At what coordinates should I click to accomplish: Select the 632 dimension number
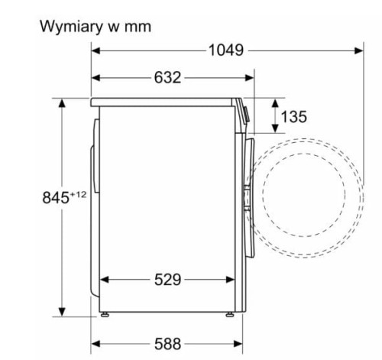167,78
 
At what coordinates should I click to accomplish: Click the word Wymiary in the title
70,27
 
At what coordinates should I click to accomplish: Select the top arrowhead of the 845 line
61,102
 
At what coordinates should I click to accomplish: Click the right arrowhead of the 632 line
251,78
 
